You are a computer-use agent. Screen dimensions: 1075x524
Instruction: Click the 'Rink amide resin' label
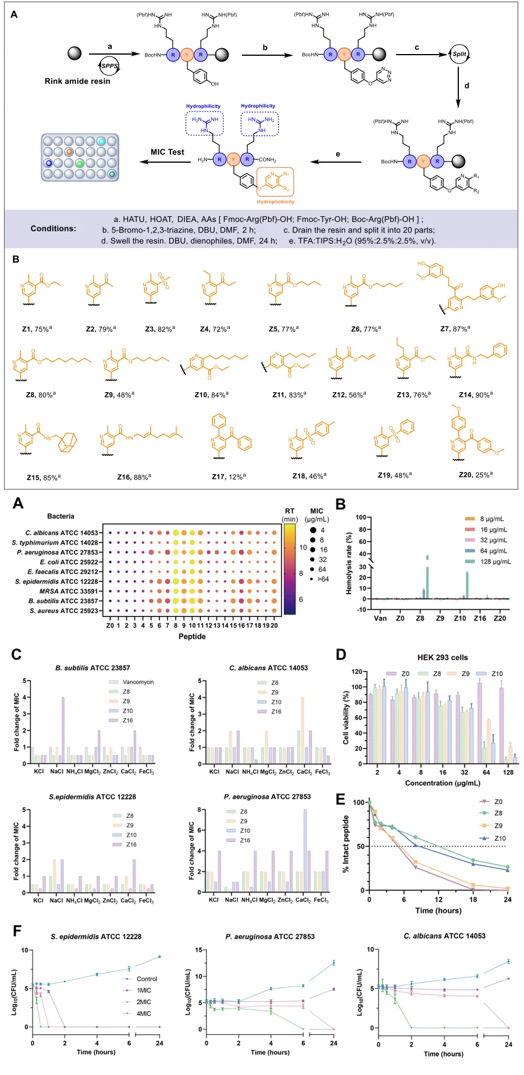click(77, 81)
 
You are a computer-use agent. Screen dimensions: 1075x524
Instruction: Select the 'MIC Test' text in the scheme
click(167, 152)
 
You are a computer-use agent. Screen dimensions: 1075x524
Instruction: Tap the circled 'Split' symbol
click(459, 54)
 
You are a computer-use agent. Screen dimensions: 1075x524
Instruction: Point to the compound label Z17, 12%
click(229, 476)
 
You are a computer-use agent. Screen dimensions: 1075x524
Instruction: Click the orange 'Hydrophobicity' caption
click(276, 202)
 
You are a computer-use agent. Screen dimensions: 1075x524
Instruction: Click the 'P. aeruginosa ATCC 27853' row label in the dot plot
click(58, 553)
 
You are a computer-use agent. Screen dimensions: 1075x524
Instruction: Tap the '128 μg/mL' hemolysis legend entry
click(495, 561)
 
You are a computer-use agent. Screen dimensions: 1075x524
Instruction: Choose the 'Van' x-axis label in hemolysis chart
click(380, 618)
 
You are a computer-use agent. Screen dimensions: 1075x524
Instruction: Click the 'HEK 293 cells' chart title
click(442, 658)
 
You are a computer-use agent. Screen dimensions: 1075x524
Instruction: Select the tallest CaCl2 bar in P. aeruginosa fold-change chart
click(305, 851)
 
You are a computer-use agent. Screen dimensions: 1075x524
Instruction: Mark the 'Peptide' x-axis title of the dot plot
click(192, 636)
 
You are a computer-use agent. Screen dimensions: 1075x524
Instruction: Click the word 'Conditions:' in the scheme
click(54, 229)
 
